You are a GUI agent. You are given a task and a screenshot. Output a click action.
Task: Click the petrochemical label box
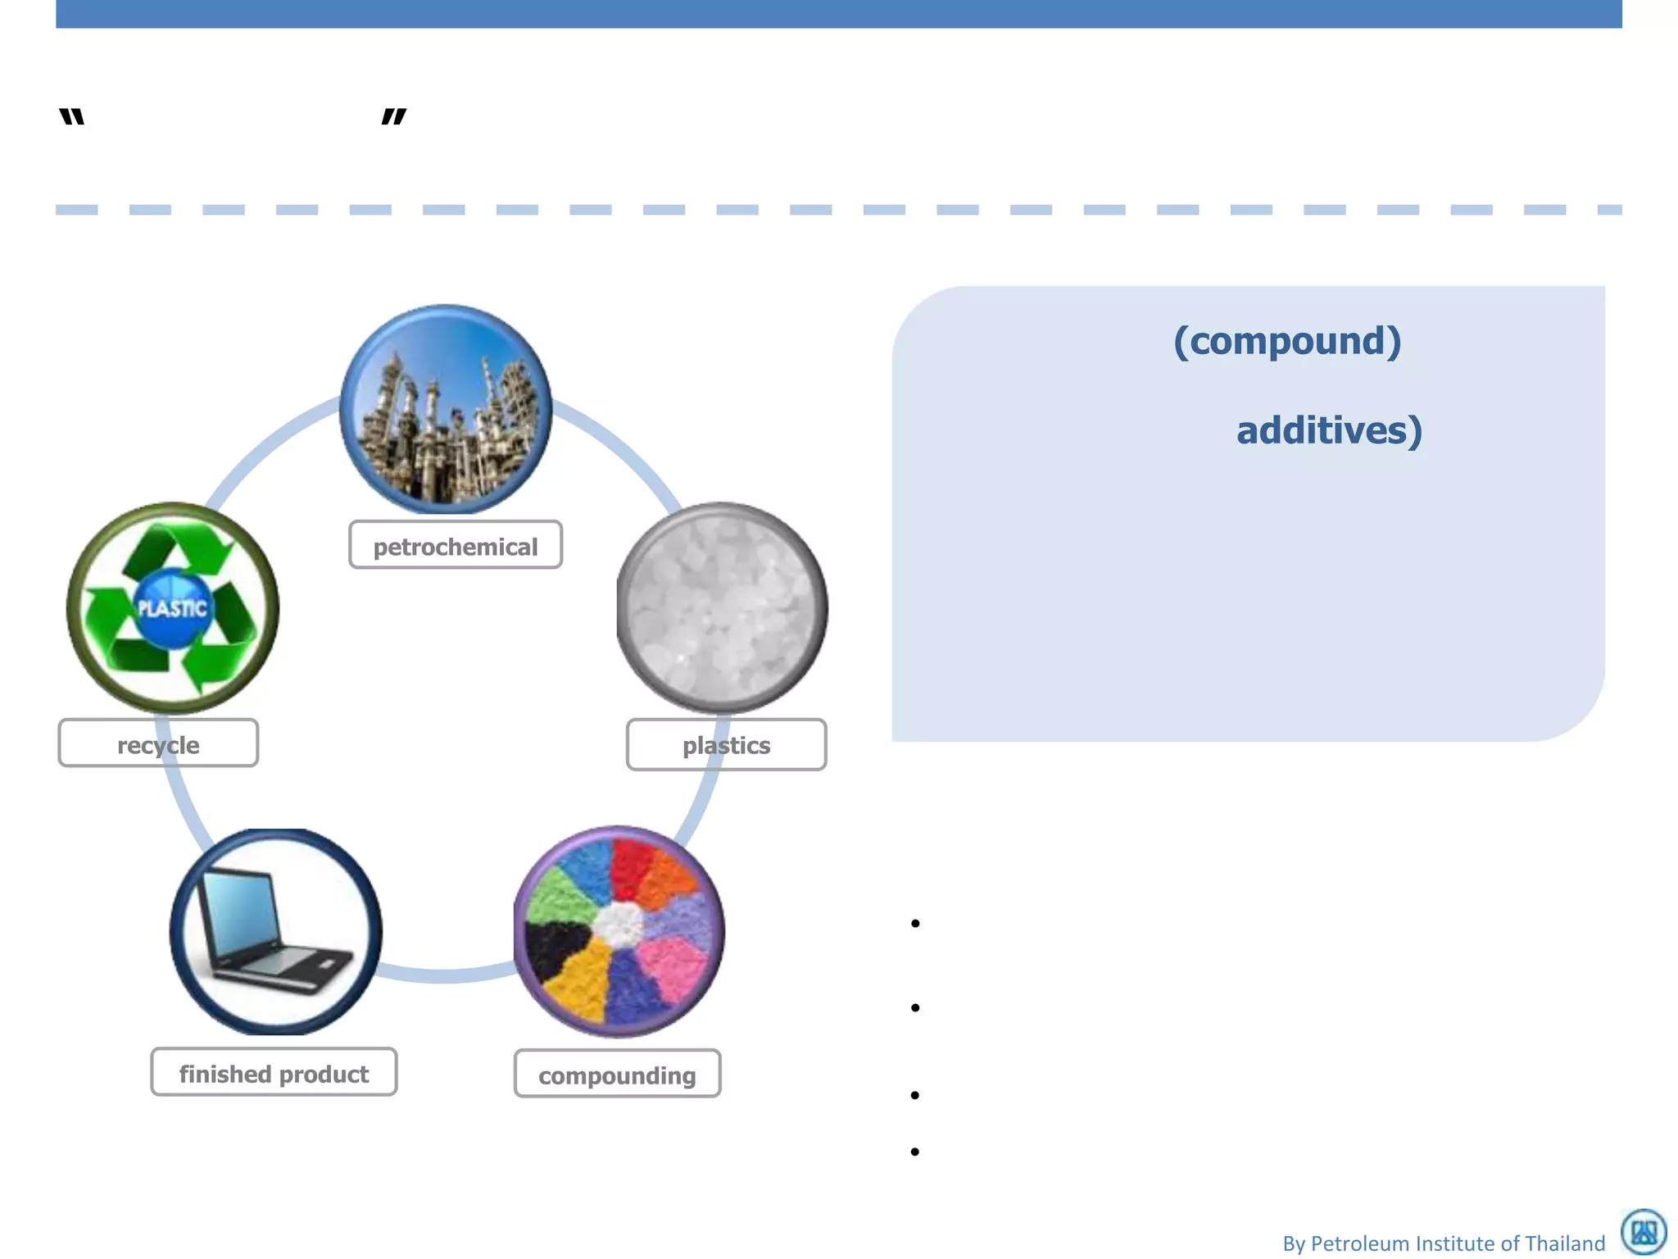tap(456, 545)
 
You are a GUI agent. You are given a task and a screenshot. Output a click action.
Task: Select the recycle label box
tap(158, 743)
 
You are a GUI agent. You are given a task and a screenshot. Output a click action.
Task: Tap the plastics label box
tap(726, 744)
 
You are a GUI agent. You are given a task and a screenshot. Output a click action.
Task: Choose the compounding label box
tap(617, 1074)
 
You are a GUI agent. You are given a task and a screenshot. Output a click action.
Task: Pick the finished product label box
tap(274, 1072)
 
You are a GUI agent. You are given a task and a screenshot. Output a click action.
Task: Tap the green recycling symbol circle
tap(173, 607)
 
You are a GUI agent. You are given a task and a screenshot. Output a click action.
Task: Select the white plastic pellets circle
tap(722, 607)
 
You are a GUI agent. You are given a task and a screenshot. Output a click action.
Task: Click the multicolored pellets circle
tap(619, 931)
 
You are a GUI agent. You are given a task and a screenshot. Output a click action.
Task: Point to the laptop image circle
tap(276, 931)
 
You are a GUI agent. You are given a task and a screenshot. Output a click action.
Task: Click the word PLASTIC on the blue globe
tap(172, 608)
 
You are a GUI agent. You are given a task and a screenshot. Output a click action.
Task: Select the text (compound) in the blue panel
tap(1287, 341)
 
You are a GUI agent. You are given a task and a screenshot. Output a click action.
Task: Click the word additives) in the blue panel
tap(1329, 430)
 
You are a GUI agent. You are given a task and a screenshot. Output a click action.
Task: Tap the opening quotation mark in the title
tap(72, 117)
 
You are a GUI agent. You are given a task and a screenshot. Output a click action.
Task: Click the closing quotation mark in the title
tap(394, 117)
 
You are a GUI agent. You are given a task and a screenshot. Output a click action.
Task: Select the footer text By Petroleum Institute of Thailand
tap(1443, 1243)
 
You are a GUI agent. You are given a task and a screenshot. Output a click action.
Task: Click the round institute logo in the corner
tap(1644, 1231)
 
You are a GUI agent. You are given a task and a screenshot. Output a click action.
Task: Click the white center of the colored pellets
tap(619, 924)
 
